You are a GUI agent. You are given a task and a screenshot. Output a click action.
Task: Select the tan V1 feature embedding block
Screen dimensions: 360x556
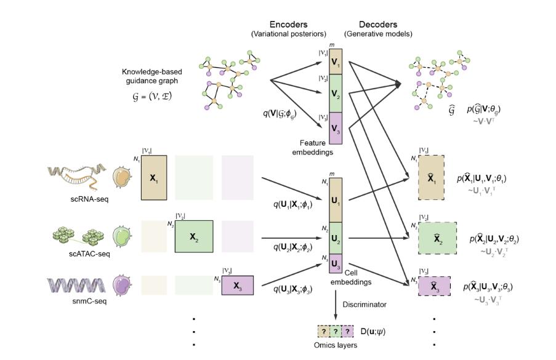coord(334,62)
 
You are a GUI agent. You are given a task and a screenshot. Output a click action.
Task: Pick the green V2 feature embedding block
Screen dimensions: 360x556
coord(334,93)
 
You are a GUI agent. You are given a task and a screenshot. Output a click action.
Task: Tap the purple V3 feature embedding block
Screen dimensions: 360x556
coord(334,127)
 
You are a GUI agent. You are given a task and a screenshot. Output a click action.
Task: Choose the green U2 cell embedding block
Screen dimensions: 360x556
coord(335,238)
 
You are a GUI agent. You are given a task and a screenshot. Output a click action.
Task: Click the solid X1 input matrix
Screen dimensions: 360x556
coord(154,177)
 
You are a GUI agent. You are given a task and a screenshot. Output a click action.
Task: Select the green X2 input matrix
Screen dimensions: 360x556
coord(194,236)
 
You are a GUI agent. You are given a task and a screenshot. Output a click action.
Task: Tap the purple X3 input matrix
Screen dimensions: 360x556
coord(237,286)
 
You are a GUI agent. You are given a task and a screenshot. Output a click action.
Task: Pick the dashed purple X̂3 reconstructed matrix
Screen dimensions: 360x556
coord(434,286)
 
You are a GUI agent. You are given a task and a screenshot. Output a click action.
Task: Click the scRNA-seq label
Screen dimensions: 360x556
coord(90,198)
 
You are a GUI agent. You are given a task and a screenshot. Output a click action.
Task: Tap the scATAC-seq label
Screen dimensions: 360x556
coord(90,253)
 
